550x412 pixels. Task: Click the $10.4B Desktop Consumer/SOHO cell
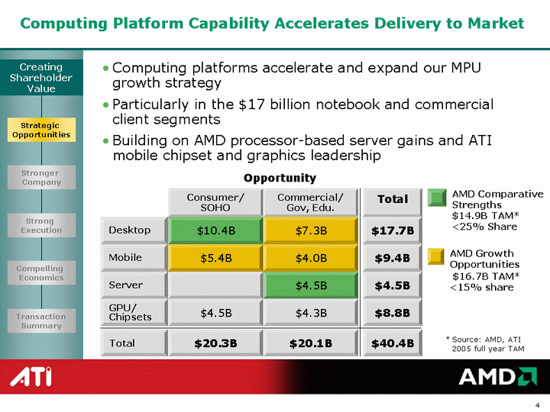pyautogui.click(x=215, y=230)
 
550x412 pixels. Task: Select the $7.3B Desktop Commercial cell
pyautogui.click(x=310, y=230)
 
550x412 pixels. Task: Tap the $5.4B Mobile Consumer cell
pyautogui.click(x=215, y=258)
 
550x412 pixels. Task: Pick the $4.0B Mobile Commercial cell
pyautogui.click(x=310, y=258)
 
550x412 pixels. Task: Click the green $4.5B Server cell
pyautogui.click(x=310, y=285)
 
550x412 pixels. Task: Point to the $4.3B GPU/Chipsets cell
pyautogui.click(x=310, y=313)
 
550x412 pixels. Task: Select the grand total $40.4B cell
pyautogui.click(x=392, y=343)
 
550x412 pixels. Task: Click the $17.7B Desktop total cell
pyautogui.click(x=392, y=230)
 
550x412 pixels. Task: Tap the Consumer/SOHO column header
pyautogui.click(x=215, y=202)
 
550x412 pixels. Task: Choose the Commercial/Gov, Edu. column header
pyautogui.click(x=310, y=202)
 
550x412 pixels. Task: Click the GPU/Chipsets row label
pyautogui.click(x=133, y=313)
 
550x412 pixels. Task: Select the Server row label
pyautogui.click(x=133, y=285)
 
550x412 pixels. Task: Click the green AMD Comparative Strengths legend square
pyautogui.click(x=437, y=198)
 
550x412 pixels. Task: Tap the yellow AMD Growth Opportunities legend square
pyautogui.click(x=436, y=256)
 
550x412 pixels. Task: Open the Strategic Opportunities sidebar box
pyautogui.click(x=41, y=130)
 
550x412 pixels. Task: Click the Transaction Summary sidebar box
pyautogui.click(x=41, y=321)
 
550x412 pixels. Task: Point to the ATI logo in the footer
pyautogui.click(x=31, y=377)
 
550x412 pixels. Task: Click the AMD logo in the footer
pyautogui.click(x=497, y=376)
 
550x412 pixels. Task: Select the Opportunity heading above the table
pyautogui.click(x=280, y=179)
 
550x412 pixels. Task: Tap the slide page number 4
pyautogui.click(x=537, y=405)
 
